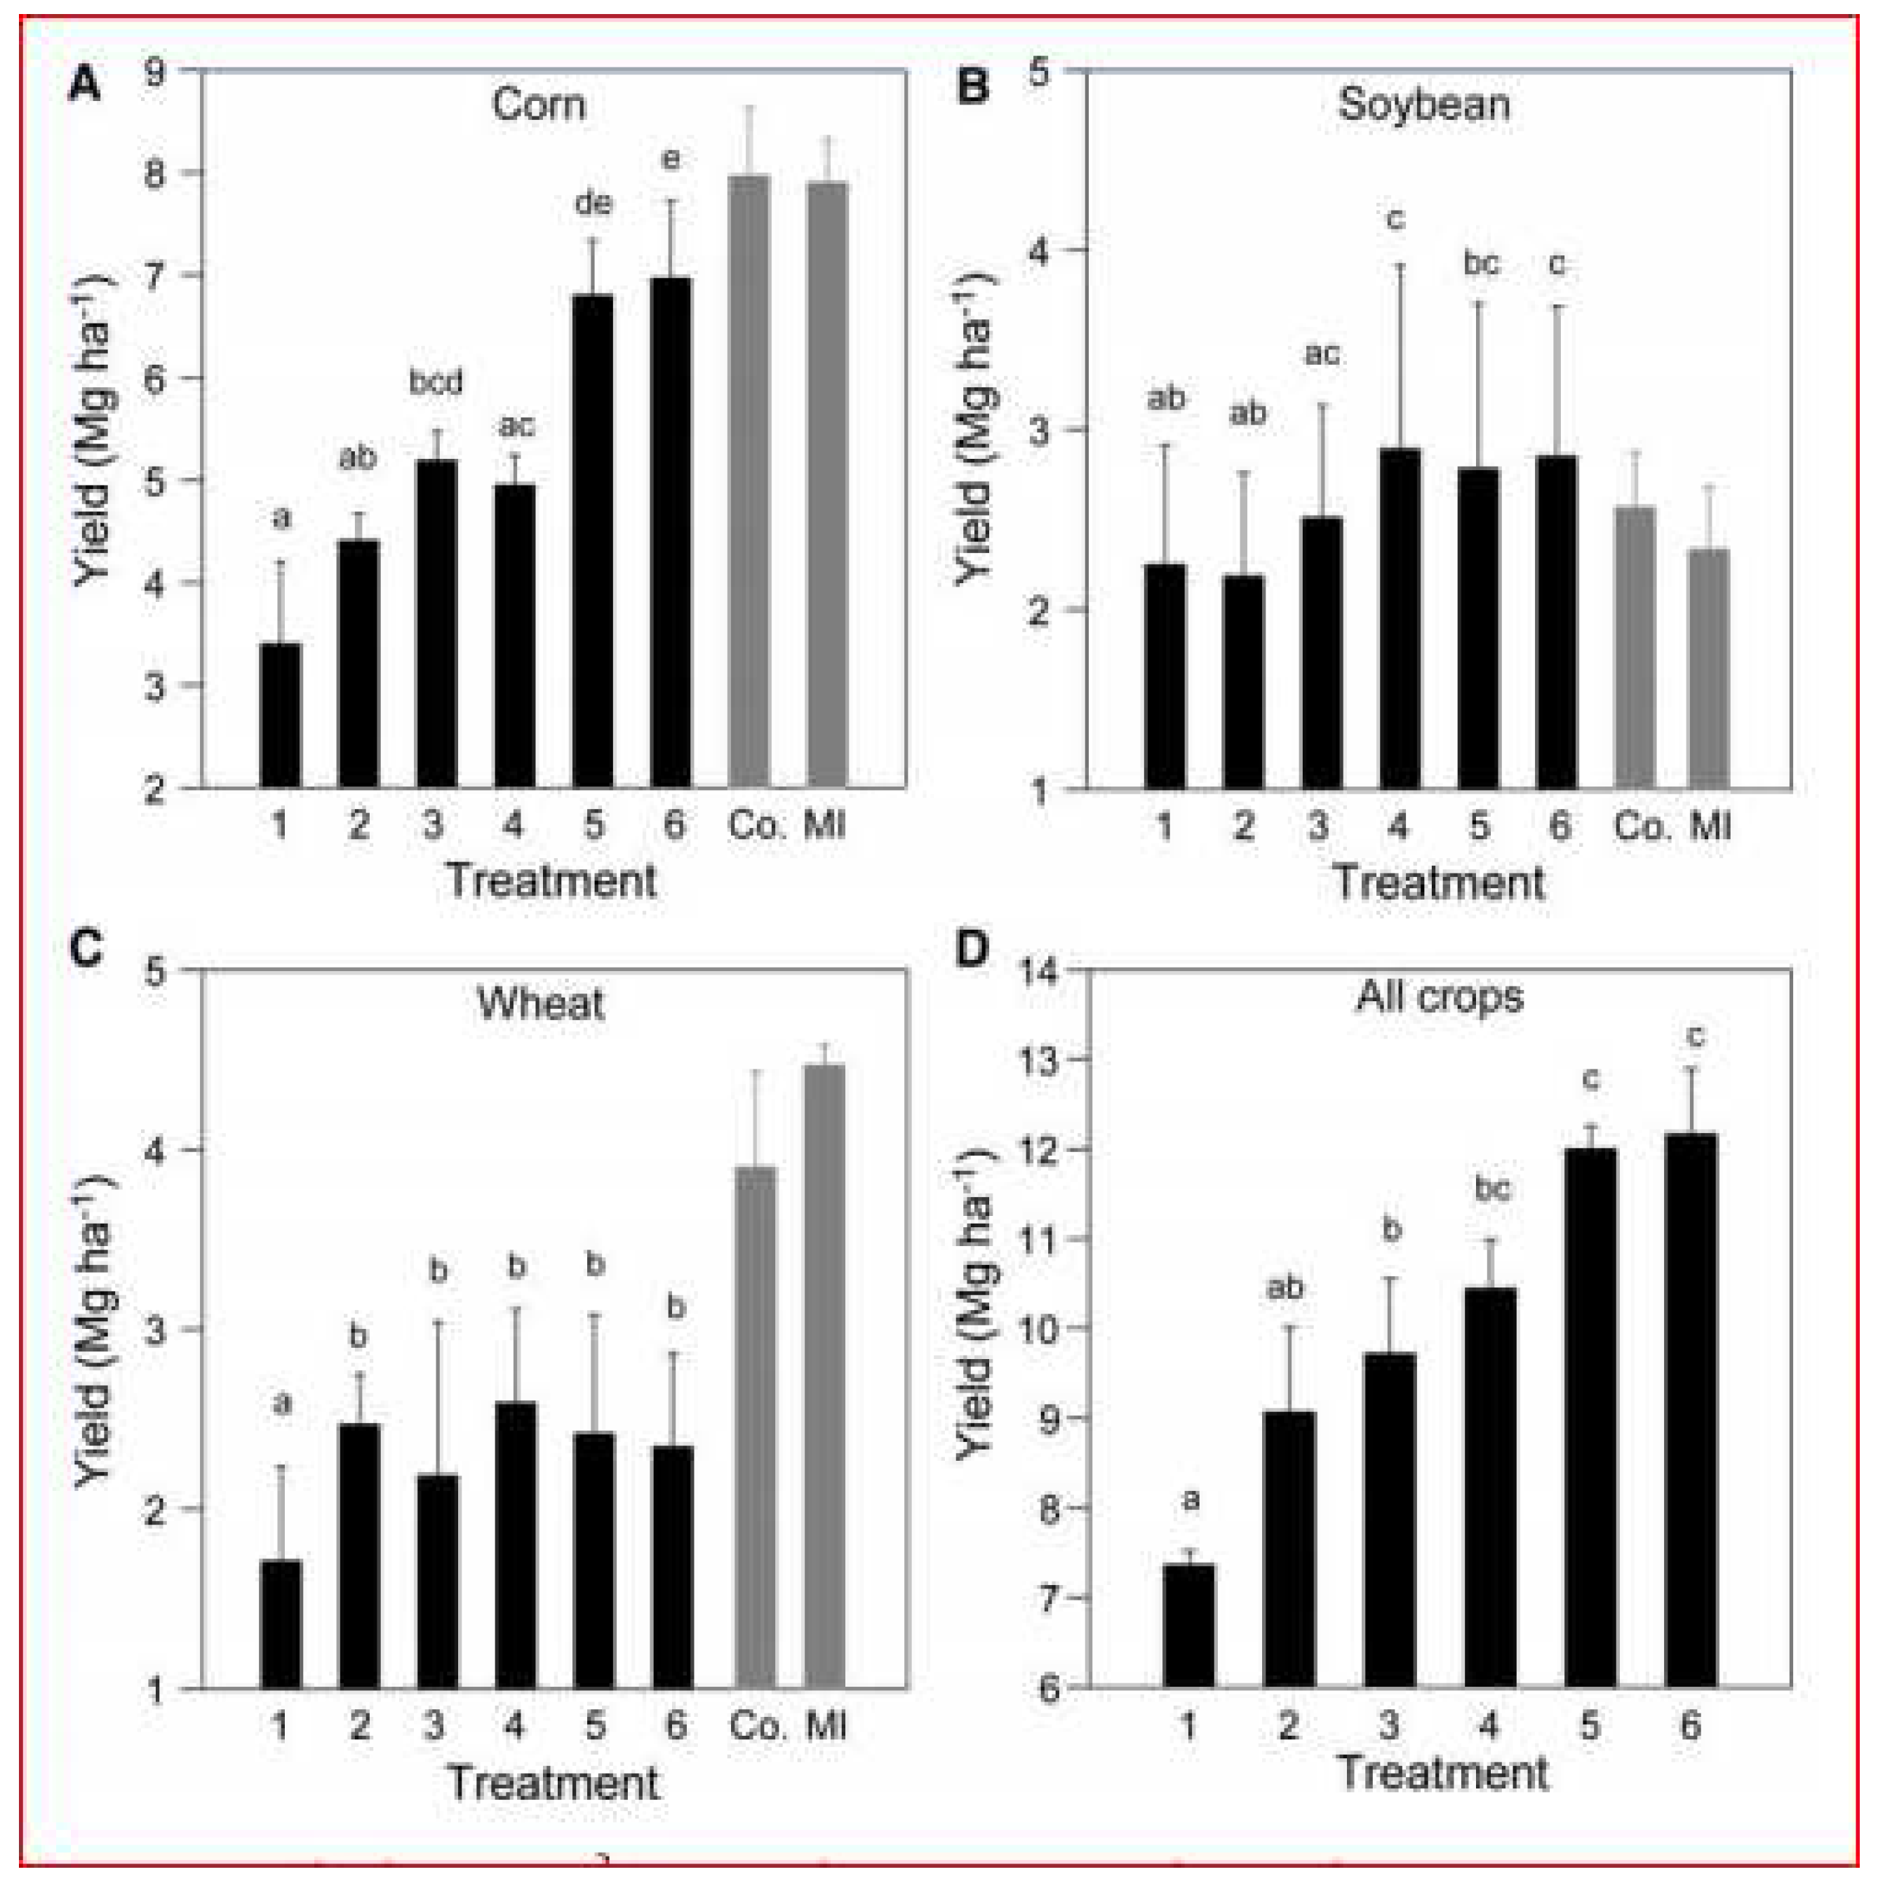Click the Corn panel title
pyautogui.click(x=538, y=105)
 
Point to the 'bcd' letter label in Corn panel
pyautogui.click(x=436, y=382)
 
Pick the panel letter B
pyautogui.click(x=972, y=88)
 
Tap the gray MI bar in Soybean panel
pyautogui.click(x=1708, y=669)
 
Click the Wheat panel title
pyautogui.click(x=539, y=1003)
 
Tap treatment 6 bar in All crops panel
pyautogui.click(x=1691, y=1410)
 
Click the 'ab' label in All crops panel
pyautogui.click(x=1285, y=1288)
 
